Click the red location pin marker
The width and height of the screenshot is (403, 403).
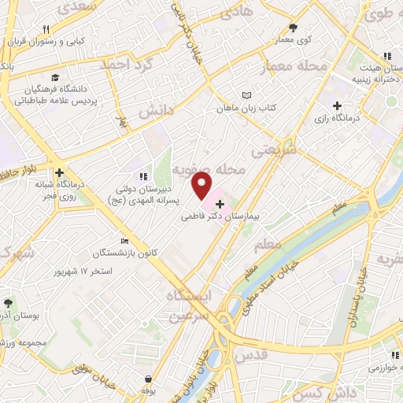tap(202, 187)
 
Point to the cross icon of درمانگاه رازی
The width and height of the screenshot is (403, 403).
tap(337, 105)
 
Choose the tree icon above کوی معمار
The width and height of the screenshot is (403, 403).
tap(293, 26)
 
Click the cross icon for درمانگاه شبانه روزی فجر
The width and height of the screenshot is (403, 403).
tap(59, 172)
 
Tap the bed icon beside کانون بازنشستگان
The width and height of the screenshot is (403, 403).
tap(124, 242)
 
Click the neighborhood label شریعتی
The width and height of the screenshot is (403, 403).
tap(274, 149)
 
